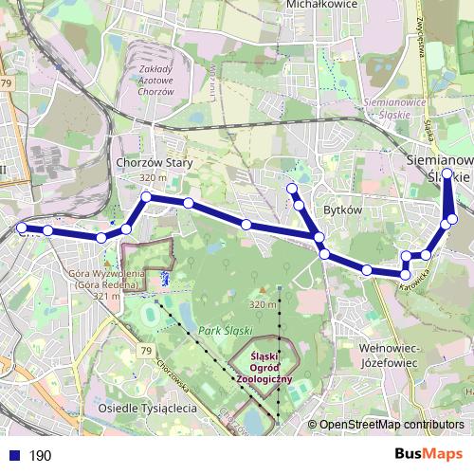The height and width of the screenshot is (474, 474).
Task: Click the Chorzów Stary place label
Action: pyautogui.click(x=154, y=163)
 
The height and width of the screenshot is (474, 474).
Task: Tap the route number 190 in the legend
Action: pyautogui.click(x=40, y=456)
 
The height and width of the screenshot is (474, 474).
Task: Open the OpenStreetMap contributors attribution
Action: pyautogui.click(x=392, y=426)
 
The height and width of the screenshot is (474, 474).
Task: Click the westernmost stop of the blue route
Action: pyautogui.click(x=22, y=228)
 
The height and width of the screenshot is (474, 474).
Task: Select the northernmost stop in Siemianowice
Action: pyautogui.click(x=447, y=173)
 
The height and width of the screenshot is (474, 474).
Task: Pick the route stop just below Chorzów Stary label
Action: pyautogui.click(x=146, y=197)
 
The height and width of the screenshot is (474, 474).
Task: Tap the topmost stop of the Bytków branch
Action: pyautogui.click(x=292, y=191)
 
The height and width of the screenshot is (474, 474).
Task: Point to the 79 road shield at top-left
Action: pyautogui.click(x=8, y=85)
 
